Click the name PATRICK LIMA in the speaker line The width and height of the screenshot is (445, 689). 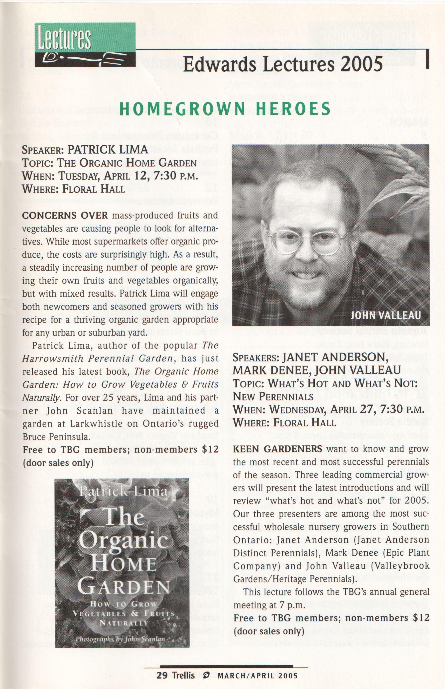click(x=108, y=150)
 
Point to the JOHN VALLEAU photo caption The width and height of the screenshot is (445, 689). click(x=385, y=315)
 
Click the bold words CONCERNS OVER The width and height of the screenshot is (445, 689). click(x=65, y=215)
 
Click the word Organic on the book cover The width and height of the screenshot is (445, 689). click(x=124, y=540)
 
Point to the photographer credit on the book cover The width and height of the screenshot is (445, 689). click(x=120, y=639)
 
